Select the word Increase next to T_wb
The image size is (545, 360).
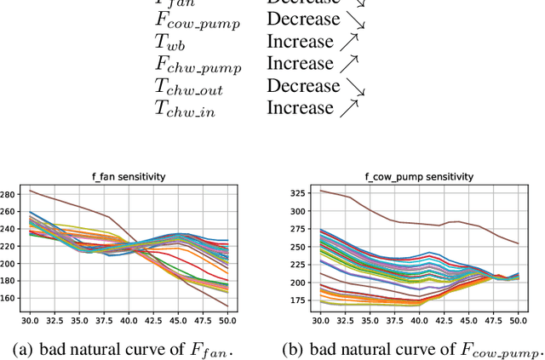point(300,41)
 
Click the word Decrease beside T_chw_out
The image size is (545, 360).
point(303,85)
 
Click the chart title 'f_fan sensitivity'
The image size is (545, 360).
point(129,177)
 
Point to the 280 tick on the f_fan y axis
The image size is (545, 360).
point(8,195)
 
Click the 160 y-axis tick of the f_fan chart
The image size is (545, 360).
point(8,298)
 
